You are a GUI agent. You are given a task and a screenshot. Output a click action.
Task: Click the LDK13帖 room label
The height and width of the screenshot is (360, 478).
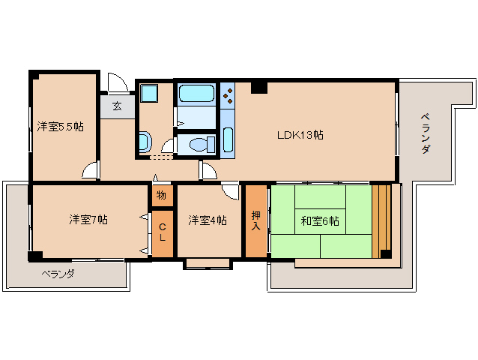tap(300, 135)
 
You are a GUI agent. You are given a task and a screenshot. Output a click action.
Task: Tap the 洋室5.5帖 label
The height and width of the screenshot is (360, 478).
tap(60, 127)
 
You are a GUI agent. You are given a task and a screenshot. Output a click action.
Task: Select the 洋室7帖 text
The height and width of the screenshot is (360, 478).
tap(88, 220)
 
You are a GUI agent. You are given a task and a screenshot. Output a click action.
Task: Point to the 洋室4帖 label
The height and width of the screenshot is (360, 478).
tap(208, 220)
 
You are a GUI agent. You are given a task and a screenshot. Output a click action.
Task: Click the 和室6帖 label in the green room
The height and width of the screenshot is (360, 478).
tap(320, 220)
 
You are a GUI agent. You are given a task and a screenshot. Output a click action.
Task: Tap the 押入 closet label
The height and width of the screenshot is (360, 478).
tap(255, 220)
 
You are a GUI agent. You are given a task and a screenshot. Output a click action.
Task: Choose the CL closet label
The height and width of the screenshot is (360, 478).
tap(162, 232)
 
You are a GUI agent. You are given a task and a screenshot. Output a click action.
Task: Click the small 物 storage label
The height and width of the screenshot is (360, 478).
tap(161, 196)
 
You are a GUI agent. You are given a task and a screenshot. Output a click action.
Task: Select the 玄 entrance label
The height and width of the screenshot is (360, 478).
tap(117, 106)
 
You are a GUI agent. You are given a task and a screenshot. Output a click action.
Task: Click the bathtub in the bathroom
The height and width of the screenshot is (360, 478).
tap(196, 94)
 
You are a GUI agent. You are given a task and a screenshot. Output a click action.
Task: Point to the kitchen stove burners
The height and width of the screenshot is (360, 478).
tap(228, 94)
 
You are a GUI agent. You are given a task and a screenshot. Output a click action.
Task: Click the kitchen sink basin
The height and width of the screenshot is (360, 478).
tap(228, 139)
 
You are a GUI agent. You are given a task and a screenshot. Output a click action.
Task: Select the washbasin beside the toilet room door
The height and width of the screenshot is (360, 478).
tap(145, 141)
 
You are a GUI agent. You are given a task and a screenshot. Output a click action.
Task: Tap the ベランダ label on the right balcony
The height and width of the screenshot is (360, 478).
tap(425, 133)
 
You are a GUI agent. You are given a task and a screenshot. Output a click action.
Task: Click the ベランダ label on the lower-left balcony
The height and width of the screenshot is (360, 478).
tap(58, 274)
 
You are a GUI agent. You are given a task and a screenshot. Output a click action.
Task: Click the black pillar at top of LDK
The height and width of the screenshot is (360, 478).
tap(259, 87)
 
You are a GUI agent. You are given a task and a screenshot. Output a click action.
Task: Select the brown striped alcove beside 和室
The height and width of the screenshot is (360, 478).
tap(381, 217)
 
